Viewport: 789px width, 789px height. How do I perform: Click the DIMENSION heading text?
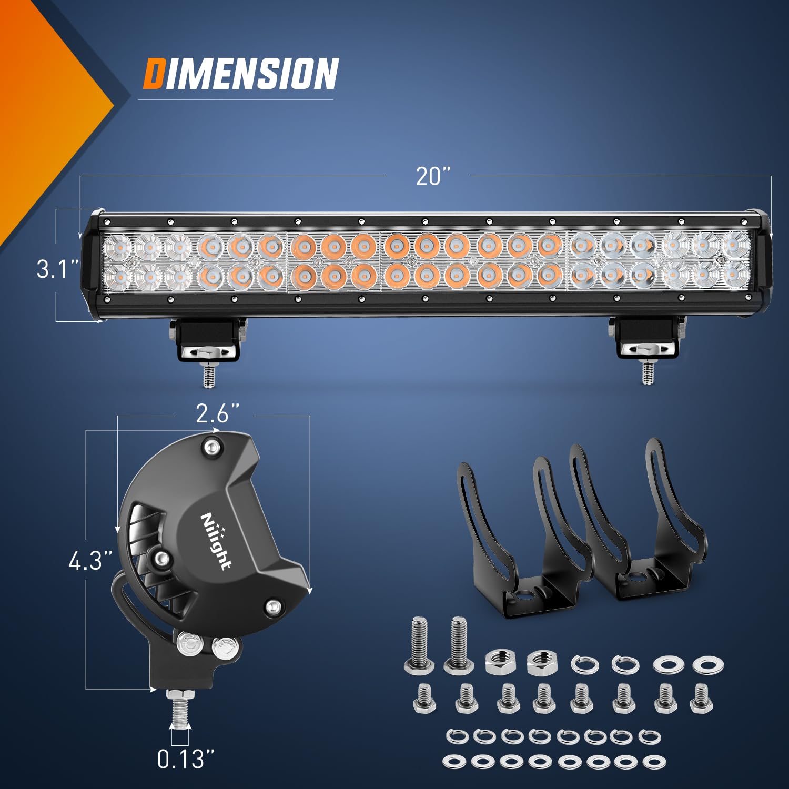241,74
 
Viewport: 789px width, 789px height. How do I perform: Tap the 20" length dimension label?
433,176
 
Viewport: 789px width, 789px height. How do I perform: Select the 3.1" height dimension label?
58,269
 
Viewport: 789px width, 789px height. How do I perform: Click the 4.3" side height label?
90,561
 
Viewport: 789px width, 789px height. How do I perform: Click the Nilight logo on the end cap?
216,541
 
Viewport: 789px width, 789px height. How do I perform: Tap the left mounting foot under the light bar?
208,342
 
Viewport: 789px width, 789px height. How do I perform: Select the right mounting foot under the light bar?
646,339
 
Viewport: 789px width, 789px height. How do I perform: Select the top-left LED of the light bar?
118,245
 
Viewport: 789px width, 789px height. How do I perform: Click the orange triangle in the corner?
42,105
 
